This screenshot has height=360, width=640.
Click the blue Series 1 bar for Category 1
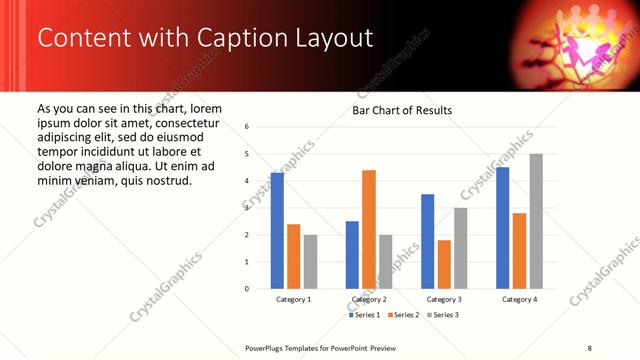coord(277,231)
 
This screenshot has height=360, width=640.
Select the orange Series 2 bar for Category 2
coord(369,229)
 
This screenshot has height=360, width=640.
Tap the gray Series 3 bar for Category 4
coord(536,221)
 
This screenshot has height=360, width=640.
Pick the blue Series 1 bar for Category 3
coord(428,241)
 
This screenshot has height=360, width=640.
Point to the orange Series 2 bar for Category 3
coord(444,264)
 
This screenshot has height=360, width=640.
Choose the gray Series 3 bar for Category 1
coord(310,262)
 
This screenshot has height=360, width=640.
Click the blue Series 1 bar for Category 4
coord(503,228)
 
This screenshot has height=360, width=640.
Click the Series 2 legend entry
coord(404,315)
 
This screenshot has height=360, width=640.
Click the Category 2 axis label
coord(369,299)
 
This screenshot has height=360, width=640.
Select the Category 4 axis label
coord(519,299)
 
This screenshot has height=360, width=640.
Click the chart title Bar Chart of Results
coord(402,110)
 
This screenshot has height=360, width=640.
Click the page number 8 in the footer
coord(590,347)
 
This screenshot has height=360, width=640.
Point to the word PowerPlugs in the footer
coord(267,347)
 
